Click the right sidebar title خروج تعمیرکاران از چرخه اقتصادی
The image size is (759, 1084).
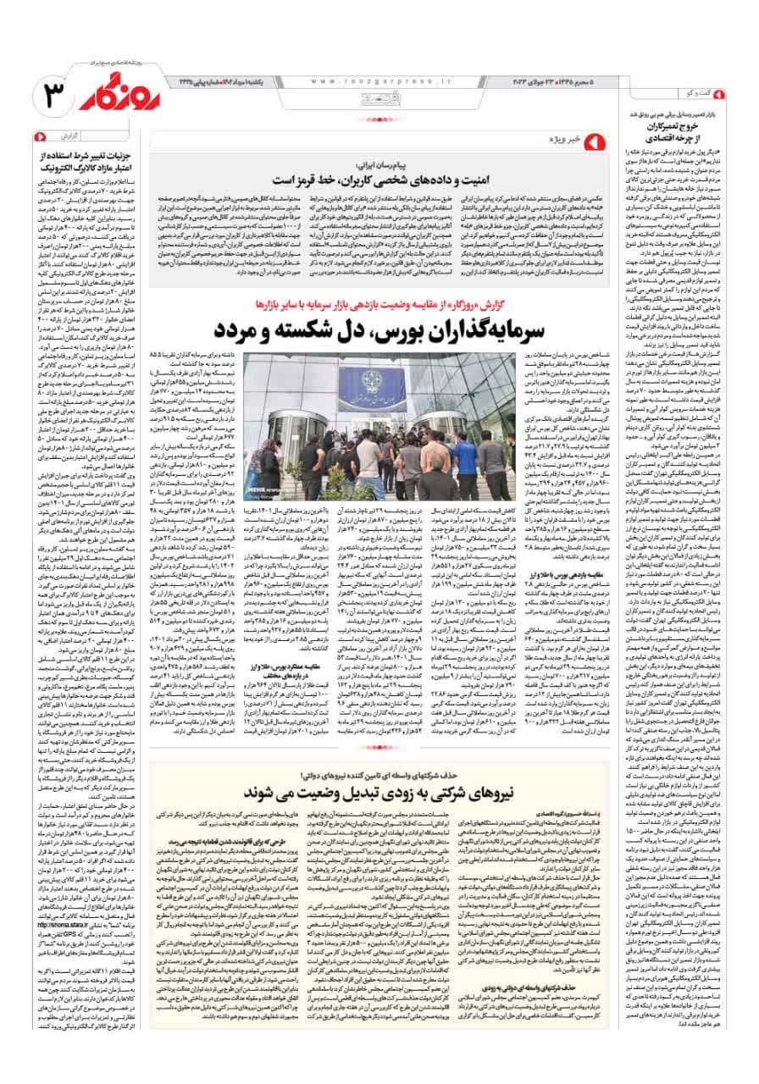pyautogui.click(x=681, y=127)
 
